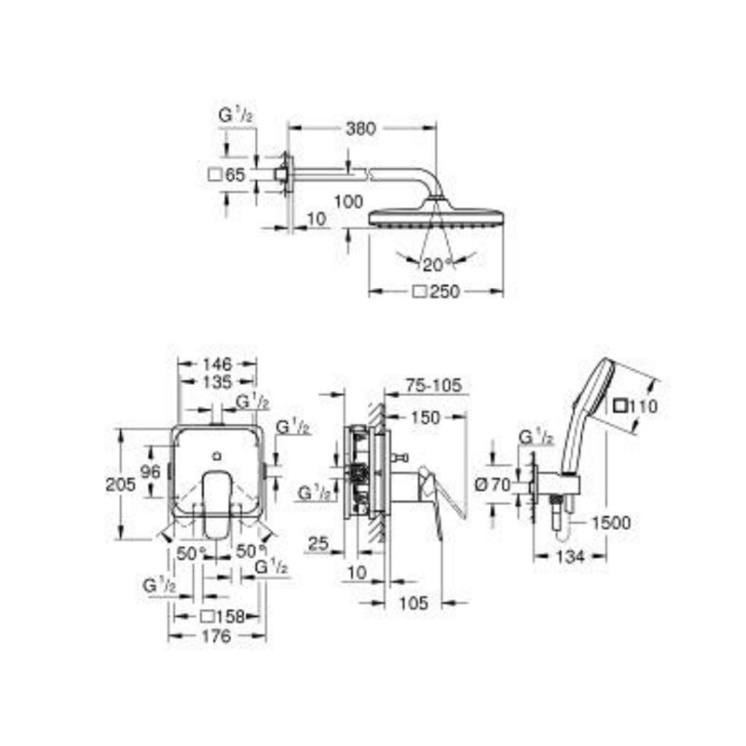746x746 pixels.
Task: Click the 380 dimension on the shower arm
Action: [x=360, y=128]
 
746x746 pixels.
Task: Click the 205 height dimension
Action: [x=121, y=483]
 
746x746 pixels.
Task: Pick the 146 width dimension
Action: [x=217, y=364]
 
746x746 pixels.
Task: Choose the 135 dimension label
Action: [x=217, y=382]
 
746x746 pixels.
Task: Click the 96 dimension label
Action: [x=151, y=471]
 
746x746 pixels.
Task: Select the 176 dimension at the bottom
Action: [x=217, y=636]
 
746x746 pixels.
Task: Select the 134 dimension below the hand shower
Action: [x=570, y=555]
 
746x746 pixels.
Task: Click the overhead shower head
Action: [x=436, y=216]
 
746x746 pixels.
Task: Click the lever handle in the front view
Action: [x=217, y=500]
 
